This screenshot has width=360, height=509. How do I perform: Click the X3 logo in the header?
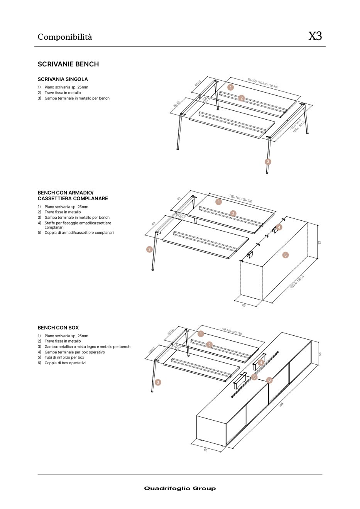point(315,36)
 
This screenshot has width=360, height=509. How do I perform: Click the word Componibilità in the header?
point(65,37)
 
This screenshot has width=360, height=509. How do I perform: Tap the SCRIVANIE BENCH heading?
point(68,64)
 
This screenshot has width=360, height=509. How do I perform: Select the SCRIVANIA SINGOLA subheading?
point(63,79)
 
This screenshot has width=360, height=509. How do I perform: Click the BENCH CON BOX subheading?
point(58,328)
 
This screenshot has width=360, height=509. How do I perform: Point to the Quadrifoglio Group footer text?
point(180,488)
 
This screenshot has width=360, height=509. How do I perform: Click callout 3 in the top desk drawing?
point(268,162)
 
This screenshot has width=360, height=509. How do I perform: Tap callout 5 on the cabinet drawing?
point(286,255)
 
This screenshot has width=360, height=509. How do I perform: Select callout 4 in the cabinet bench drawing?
point(279,227)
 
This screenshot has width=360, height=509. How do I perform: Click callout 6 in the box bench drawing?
point(269,380)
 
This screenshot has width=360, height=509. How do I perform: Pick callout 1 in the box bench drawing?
point(201,334)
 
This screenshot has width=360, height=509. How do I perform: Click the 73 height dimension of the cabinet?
point(319,242)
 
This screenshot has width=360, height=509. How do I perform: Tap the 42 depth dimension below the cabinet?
point(244,305)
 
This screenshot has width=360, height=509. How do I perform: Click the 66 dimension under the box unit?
point(206,450)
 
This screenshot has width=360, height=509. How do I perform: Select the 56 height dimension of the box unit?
point(320,354)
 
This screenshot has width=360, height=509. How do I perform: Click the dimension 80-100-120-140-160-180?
point(263,83)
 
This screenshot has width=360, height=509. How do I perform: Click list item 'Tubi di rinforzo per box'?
point(64,357)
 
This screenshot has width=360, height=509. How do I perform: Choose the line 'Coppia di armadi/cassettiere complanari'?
point(79,233)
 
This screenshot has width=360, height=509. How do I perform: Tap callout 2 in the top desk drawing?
point(242,98)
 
